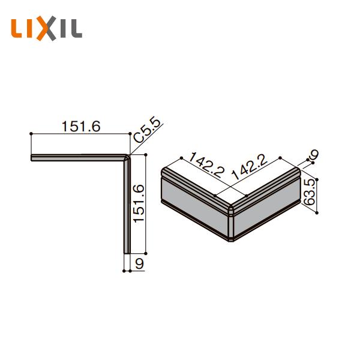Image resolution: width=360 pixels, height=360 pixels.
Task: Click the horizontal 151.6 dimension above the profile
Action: coord(80,127)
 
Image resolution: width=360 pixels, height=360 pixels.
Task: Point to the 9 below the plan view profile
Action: coord(139,263)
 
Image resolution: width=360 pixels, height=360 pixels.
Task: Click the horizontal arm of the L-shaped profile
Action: coord(78,158)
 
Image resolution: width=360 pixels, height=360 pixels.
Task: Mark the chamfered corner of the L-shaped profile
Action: coord(127,158)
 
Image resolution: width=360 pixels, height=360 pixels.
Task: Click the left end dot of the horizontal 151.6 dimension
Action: coord(31,134)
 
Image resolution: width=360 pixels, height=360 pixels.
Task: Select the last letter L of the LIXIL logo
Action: coord(76,29)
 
